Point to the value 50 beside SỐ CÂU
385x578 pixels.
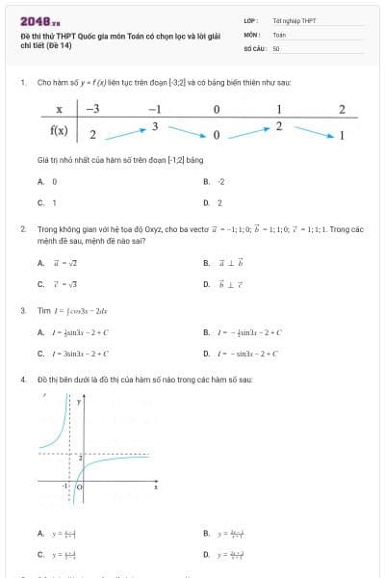276,47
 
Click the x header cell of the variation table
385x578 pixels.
60,109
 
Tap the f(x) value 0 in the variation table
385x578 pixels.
217,134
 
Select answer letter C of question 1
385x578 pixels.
40,202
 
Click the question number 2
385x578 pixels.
22,229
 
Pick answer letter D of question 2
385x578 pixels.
206,284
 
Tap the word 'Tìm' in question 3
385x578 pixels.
43,310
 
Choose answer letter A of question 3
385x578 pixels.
40,332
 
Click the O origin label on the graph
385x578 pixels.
79,487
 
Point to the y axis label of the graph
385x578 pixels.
79,400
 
